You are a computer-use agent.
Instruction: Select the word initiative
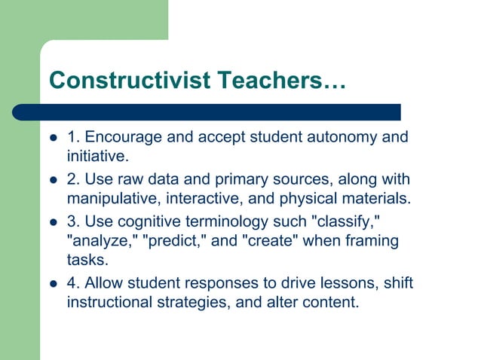click(97, 157)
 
